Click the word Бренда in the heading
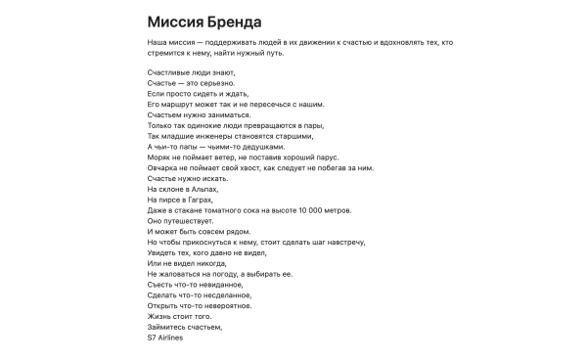pyautogui.click(x=233, y=22)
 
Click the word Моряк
pyautogui.click(x=158, y=157)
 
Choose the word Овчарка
pyautogui.click(x=164, y=167)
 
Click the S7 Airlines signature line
pyautogui.click(x=164, y=338)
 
